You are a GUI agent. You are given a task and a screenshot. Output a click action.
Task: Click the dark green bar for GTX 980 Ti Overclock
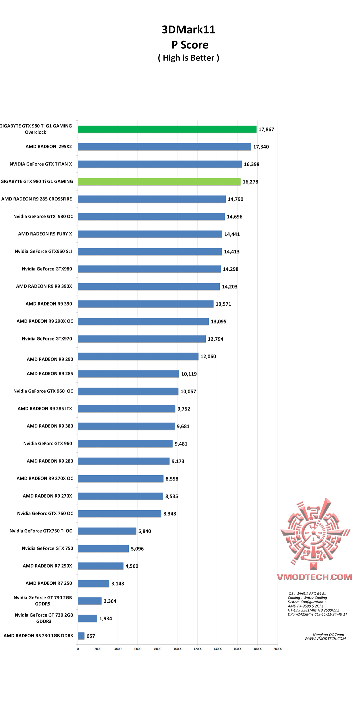coord(167,129)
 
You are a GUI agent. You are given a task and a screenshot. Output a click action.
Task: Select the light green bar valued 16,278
coord(159,182)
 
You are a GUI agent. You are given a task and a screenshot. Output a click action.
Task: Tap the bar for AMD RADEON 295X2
coord(164,147)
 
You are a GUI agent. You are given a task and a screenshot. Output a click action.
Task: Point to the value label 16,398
coord(251,164)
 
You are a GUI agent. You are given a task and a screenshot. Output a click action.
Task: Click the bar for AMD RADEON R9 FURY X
coord(150,234)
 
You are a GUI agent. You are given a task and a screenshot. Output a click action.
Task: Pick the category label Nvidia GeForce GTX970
coord(47,339)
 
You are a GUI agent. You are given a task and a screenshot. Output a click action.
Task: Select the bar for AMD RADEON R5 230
coord(81,636)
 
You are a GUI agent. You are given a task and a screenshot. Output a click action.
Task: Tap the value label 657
coord(91,636)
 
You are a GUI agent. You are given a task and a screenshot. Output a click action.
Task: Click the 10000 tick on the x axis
coord(178,649)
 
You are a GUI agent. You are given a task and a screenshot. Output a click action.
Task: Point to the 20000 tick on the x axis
coord(278,649)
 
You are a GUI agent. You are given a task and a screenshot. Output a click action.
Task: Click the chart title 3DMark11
coord(188,30)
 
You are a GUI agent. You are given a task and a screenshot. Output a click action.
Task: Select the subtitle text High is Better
coord(188,58)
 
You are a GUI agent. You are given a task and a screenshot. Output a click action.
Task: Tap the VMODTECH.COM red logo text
coord(314,577)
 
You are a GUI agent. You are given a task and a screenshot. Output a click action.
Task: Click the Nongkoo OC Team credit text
coord(328,635)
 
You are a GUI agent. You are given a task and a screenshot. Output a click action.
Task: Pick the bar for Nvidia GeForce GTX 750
coord(103,549)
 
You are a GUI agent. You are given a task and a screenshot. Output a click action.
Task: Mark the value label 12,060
coord(208,357)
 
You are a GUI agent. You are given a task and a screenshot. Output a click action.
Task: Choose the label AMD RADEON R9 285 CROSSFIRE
coord(37,199)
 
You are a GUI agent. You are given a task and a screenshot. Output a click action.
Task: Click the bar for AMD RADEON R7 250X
coord(101,566)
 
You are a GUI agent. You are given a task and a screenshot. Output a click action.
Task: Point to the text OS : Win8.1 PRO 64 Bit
coord(307,594)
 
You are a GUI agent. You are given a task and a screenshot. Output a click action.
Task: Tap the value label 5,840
coord(144,531)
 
